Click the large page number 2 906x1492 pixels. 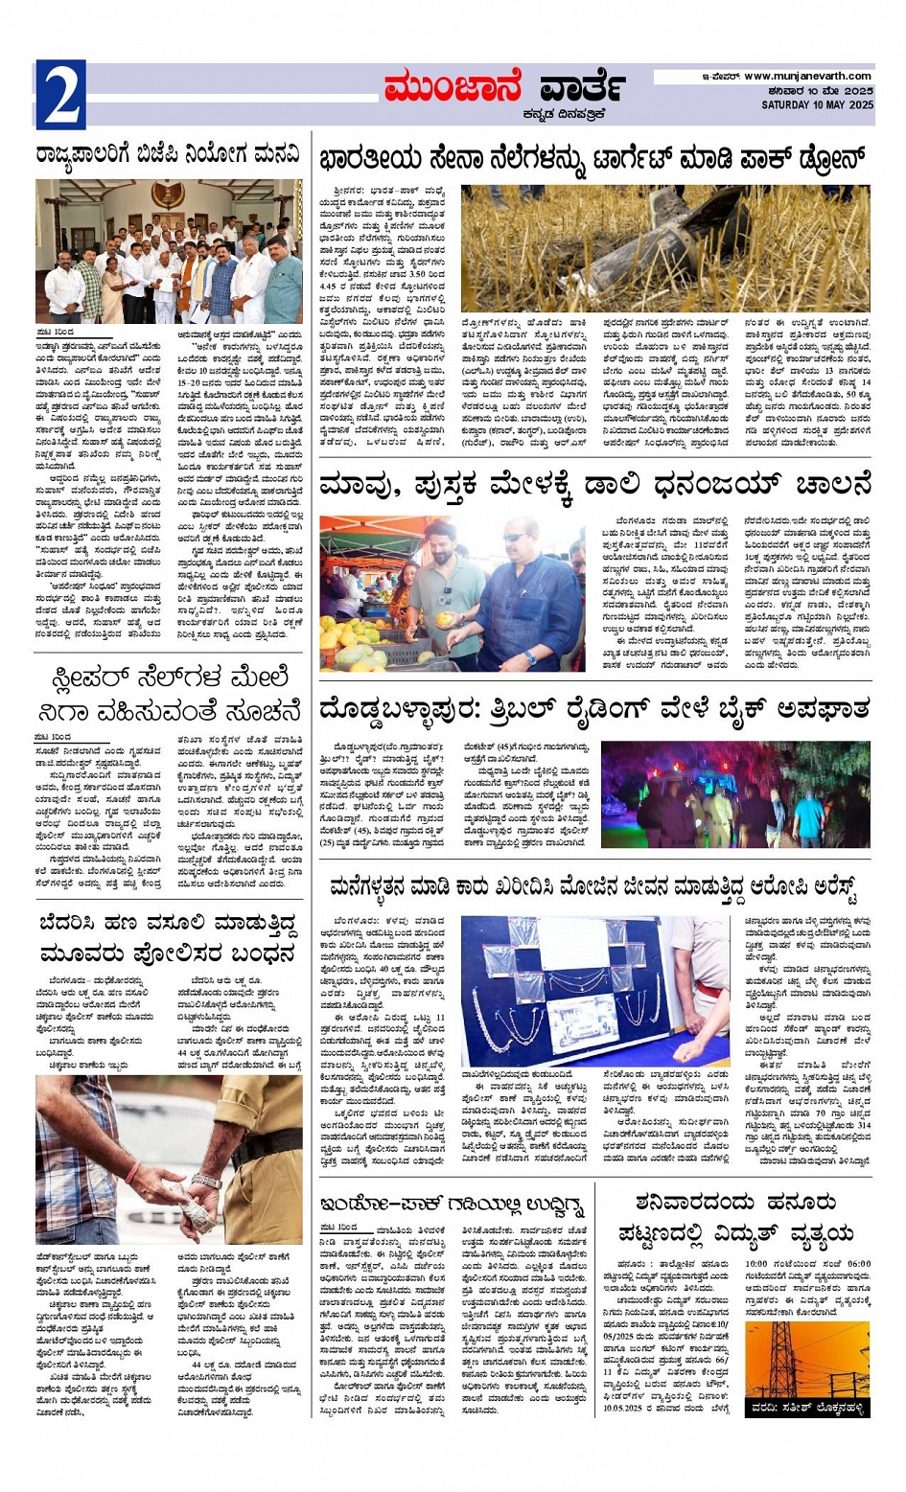pos(61,95)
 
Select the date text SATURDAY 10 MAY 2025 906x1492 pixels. pos(817,105)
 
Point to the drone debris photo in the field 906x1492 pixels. pos(664,249)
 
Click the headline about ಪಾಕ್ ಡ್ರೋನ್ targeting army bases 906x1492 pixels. pos(594,158)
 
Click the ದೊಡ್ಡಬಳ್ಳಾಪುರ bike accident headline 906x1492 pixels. pos(594,710)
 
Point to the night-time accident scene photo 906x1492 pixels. pos(735,794)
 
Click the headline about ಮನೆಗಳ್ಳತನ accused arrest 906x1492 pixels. pos(594,886)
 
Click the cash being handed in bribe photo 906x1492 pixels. pos(169,1159)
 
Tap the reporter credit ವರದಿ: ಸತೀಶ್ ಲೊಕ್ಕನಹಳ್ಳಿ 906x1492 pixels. pos(807,1409)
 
